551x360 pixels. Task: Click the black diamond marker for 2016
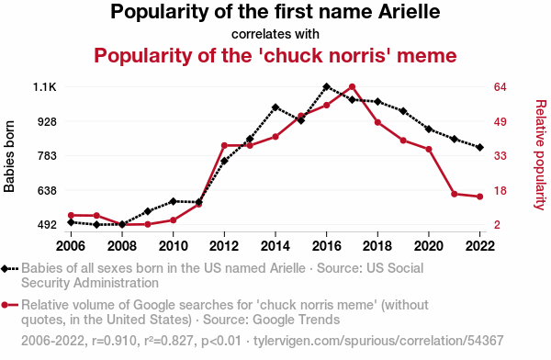coord(326,86)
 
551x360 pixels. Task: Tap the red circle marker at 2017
coord(352,87)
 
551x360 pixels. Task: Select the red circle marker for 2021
coord(455,194)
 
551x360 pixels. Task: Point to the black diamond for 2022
coord(480,147)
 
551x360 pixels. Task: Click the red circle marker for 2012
coord(224,145)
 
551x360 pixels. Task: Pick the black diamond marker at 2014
coord(275,107)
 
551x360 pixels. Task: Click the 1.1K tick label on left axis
coord(44,87)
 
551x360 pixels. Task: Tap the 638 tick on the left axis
coord(47,191)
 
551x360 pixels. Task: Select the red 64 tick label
coord(500,87)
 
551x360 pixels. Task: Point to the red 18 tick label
coord(500,191)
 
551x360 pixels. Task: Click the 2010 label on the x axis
coord(173,246)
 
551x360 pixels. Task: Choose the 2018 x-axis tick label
coord(377,246)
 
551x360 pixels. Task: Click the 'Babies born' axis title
coord(9,156)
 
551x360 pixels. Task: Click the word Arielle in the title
coord(409,12)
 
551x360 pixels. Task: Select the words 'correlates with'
coord(275,34)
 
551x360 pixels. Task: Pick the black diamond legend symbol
coord(5,269)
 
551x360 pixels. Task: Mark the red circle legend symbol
coord(5,305)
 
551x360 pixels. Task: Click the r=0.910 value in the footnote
coord(114,341)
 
